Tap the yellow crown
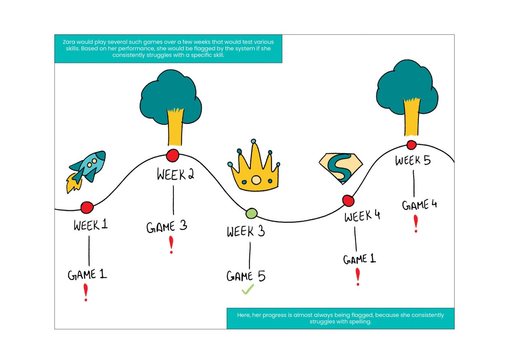[x=254, y=171]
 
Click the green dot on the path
[x=251, y=213]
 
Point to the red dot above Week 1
[x=87, y=207]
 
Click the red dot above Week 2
[x=172, y=155]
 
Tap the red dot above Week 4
[x=348, y=200]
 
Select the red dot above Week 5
[x=411, y=145]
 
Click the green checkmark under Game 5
[x=248, y=289]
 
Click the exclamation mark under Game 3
[x=171, y=244]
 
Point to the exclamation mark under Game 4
[x=416, y=223]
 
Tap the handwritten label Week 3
[x=246, y=231]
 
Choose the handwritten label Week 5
[x=413, y=160]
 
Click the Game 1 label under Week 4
[x=359, y=259]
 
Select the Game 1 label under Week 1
[x=87, y=275]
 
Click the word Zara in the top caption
[x=69, y=42]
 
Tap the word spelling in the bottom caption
[x=360, y=322]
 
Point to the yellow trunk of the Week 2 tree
[x=175, y=127]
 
